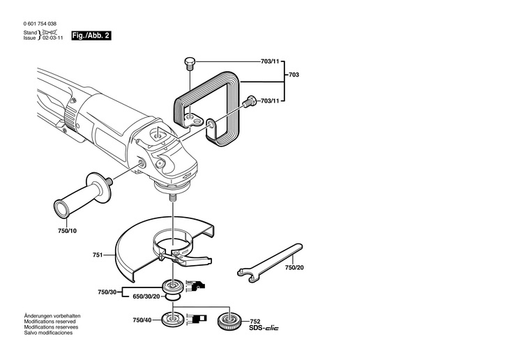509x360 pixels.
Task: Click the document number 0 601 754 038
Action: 43,24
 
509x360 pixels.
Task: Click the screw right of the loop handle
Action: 247,102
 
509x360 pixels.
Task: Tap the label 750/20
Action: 294,267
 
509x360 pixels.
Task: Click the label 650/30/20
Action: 146,297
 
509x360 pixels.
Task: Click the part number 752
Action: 254,321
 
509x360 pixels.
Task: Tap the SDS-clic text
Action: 263,328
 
